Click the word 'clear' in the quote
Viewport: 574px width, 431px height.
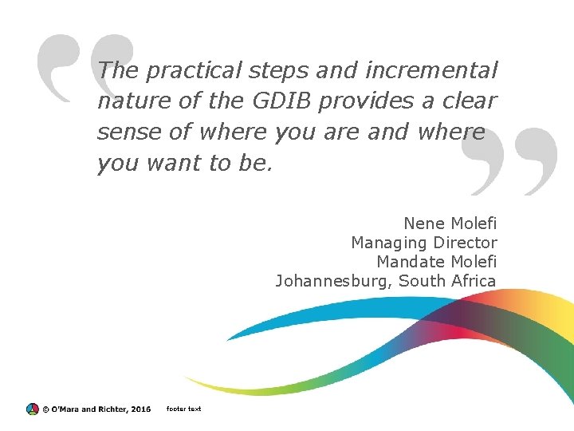[472, 101]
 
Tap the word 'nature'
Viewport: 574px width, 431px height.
[128, 101]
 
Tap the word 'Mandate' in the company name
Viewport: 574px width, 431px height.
[410, 262]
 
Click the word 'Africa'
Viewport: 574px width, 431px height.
[474, 281]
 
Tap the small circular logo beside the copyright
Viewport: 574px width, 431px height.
[32, 409]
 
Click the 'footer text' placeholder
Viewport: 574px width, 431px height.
[183, 409]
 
